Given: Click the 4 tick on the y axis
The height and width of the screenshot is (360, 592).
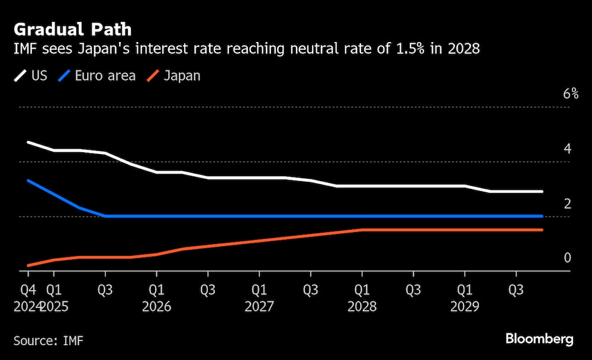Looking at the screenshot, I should pyautogui.click(x=567, y=149).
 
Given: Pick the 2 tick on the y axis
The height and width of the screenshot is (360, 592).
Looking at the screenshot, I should pyautogui.click(x=567, y=204).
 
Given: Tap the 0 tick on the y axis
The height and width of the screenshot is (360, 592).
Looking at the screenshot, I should pyautogui.click(x=567, y=258).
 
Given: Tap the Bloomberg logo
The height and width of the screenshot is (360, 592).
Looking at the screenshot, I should pyautogui.click(x=539, y=339).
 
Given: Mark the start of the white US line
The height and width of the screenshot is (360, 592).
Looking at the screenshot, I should pyautogui.click(x=28, y=142).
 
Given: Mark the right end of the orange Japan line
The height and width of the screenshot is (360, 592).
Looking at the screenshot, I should pyautogui.click(x=542, y=230).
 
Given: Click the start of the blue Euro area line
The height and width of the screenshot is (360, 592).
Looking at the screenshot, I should pyautogui.click(x=28, y=181).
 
